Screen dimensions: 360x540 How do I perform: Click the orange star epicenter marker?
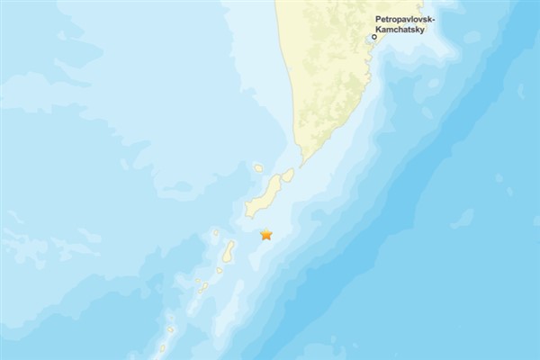pyautogui.click(x=265, y=235)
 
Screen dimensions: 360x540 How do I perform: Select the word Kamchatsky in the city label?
pyautogui.click(x=400, y=29)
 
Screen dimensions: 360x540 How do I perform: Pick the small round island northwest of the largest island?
pyautogui.click(x=258, y=167)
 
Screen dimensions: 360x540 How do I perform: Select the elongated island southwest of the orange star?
pyautogui.click(x=229, y=251)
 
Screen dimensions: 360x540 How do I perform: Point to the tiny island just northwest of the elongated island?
pyautogui.click(x=216, y=234)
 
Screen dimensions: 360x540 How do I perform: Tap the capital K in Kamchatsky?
pyautogui.click(x=379, y=29)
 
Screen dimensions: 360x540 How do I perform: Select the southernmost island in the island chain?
pyautogui.click(x=163, y=348)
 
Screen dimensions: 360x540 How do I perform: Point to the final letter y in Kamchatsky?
pyautogui.click(x=421, y=30)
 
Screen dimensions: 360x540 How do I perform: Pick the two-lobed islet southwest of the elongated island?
pyautogui.click(x=202, y=285)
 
